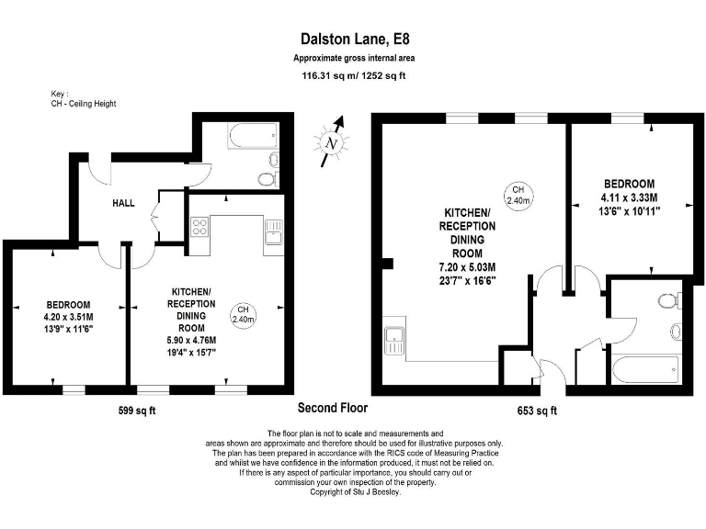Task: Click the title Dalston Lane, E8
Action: [354, 39]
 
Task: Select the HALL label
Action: [124, 203]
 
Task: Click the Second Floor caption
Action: [333, 407]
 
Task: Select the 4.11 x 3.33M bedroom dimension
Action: [630, 197]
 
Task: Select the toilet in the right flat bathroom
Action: [668, 299]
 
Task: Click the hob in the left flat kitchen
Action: [199, 229]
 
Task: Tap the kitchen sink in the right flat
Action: [395, 340]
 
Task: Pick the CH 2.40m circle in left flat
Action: [245, 313]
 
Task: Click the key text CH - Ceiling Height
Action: [84, 104]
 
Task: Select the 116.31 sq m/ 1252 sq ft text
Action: [354, 76]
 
